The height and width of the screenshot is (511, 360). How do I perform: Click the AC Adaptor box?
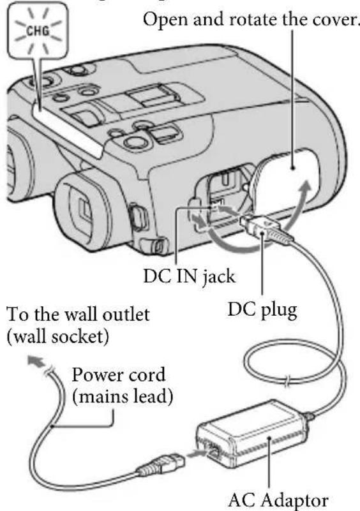click(x=262, y=440)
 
